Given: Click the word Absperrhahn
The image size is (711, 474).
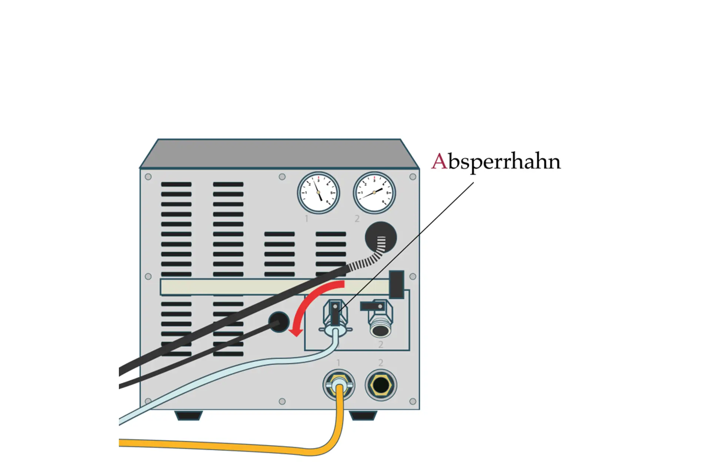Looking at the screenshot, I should (x=496, y=162).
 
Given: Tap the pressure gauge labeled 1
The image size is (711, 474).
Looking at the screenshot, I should (x=318, y=193).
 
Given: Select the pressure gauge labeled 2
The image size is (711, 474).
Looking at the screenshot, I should (x=374, y=193).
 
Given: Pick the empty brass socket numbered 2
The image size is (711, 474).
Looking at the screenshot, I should (x=381, y=385).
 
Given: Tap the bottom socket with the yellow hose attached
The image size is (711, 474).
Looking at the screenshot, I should (x=338, y=385).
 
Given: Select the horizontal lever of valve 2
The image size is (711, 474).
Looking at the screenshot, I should (x=372, y=306).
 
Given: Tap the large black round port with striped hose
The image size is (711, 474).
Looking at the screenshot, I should (x=381, y=237).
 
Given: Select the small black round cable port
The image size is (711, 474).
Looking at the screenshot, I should (x=278, y=322).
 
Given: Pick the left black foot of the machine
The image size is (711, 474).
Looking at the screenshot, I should (x=188, y=415).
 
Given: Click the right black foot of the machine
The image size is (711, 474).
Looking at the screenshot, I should (x=363, y=415).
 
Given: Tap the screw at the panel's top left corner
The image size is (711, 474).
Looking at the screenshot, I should (x=148, y=177).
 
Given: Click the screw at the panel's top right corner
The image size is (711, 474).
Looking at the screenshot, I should (x=413, y=177).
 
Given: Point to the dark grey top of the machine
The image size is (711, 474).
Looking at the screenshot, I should (x=279, y=153).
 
